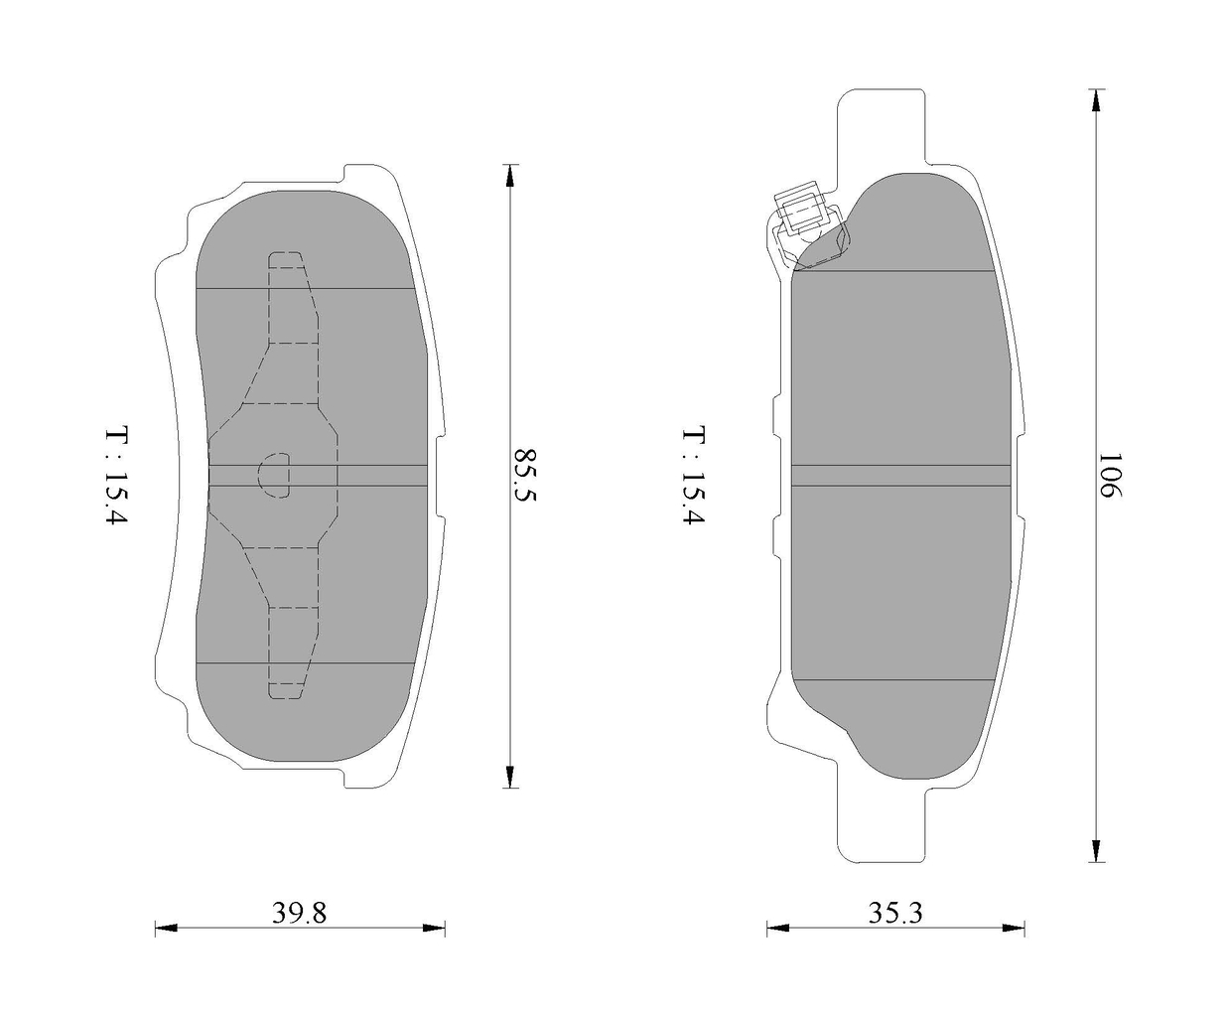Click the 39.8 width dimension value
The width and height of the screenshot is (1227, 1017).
(x=299, y=913)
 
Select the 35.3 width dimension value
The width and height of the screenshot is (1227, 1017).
(x=895, y=913)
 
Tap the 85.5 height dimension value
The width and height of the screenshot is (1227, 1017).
(x=525, y=475)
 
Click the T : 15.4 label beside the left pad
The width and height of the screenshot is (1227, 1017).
(x=117, y=475)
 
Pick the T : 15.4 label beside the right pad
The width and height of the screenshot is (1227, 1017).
(x=694, y=475)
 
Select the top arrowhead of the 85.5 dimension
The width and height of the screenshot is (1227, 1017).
(x=509, y=175)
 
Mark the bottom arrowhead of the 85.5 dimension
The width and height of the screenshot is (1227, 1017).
(x=509, y=777)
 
